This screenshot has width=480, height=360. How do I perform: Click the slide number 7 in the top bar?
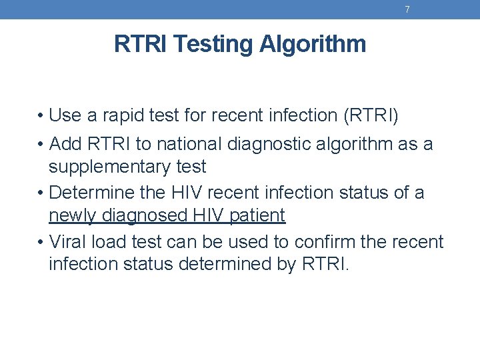pyautogui.click(x=407, y=9)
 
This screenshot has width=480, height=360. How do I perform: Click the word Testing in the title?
pyautogui.click(x=214, y=44)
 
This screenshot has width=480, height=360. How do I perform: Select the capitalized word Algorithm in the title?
pyautogui.click(x=313, y=44)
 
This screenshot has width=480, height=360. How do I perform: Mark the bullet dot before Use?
pyautogui.click(x=41, y=116)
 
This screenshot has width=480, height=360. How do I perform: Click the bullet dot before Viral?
pyautogui.click(x=41, y=242)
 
